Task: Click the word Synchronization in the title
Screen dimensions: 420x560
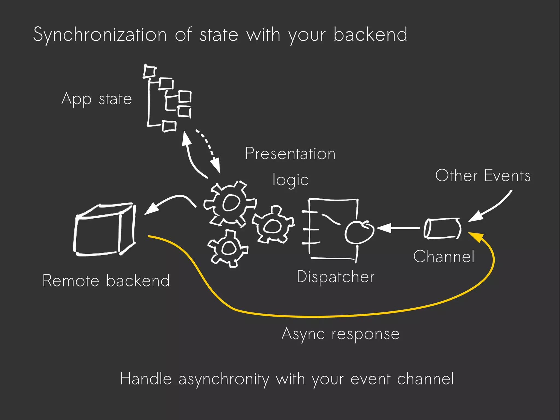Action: tap(100, 35)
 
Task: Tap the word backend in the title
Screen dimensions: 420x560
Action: tap(370, 35)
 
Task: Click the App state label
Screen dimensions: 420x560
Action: tap(97, 99)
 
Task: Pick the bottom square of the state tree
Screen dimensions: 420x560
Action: tap(169, 126)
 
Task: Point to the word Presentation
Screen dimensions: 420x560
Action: tap(290, 154)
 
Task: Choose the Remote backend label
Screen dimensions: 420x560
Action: tap(106, 281)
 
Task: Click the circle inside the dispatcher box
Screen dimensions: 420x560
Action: tap(359, 232)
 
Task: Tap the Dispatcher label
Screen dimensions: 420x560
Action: tap(336, 277)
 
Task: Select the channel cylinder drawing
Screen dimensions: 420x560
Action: tap(442, 228)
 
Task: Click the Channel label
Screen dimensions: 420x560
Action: tap(444, 257)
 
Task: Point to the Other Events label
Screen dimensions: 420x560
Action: tap(483, 176)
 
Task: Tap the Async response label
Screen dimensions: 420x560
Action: tap(340, 334)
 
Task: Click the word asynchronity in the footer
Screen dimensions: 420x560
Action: tap(224, 380)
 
